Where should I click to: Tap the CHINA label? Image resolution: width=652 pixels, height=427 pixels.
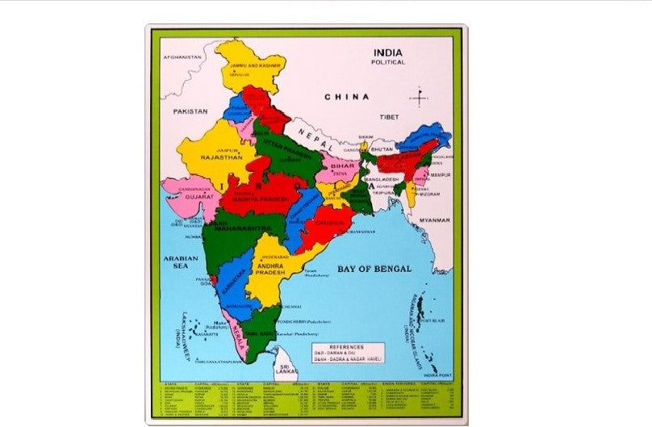(347, 97)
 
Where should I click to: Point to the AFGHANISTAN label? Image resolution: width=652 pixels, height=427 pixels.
(181, 58)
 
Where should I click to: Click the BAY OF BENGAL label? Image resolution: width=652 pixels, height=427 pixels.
(374, 268)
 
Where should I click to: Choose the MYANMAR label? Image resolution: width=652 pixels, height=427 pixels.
(433, 220)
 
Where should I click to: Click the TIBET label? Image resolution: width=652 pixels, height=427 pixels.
(390, 117)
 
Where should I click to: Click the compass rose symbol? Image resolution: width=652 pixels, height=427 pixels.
(418, 98)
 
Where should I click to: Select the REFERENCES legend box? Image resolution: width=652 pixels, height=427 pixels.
(349, 352)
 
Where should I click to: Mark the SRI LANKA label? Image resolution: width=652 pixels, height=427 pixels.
(288, 369)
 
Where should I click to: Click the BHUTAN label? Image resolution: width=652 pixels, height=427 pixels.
(382, 149)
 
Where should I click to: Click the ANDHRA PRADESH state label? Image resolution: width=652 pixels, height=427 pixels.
(271, 269)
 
